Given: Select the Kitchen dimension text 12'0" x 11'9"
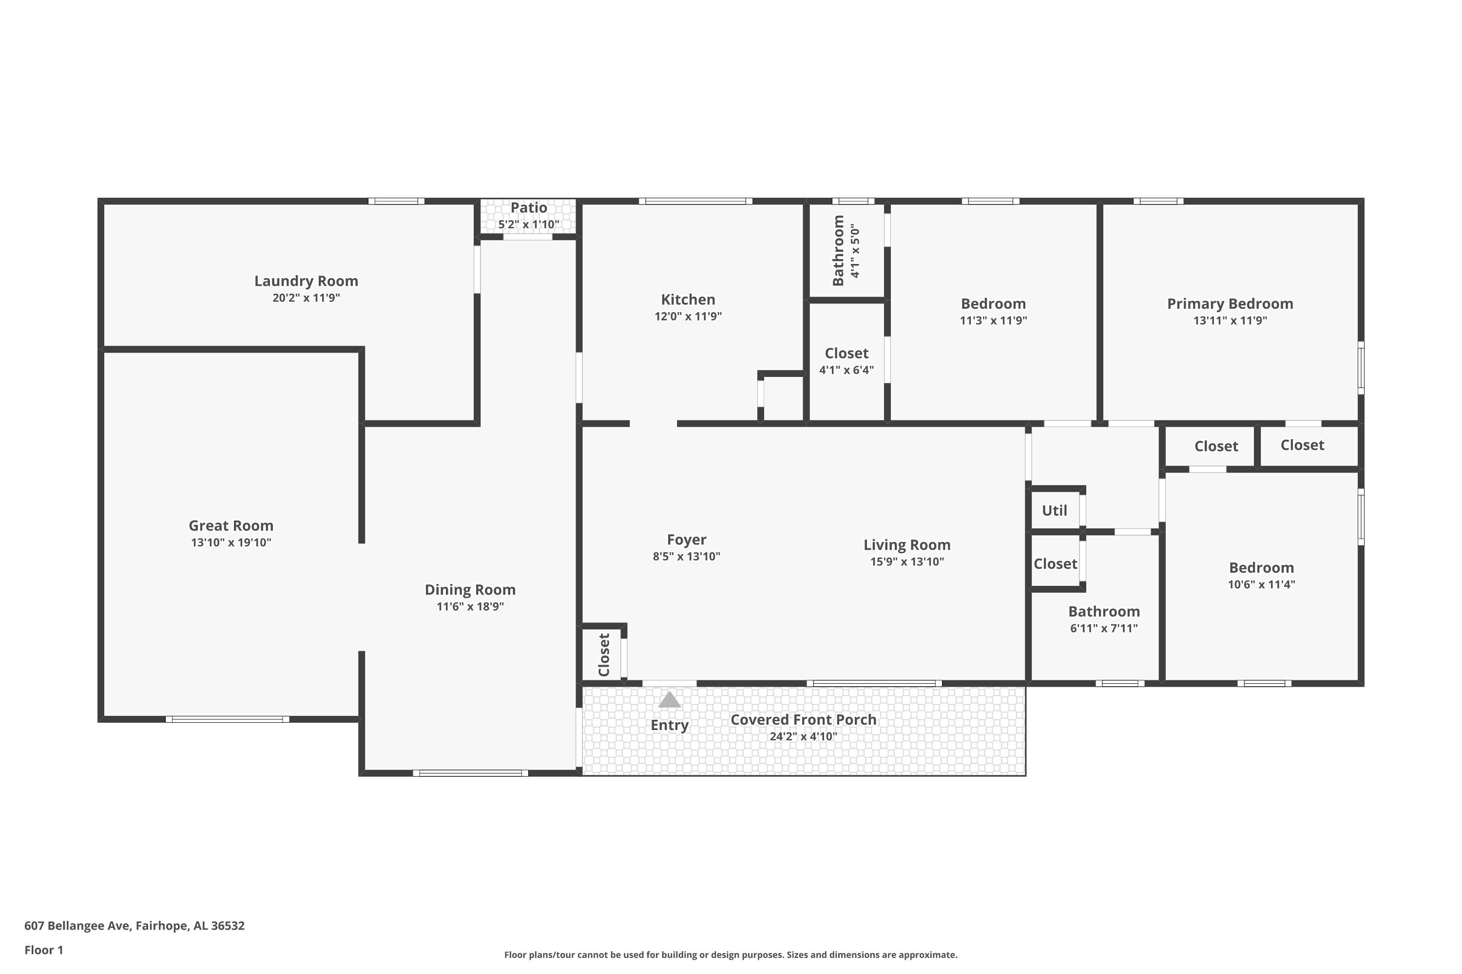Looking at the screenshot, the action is tap(688, 316).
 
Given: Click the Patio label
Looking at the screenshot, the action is tap(529, 207).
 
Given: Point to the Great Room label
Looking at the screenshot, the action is tap(231, 525).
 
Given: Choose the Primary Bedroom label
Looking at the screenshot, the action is tap(1230, 304).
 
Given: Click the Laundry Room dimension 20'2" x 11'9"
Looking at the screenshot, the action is tap(307, 298).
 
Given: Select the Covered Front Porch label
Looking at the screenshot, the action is tap(803, 719).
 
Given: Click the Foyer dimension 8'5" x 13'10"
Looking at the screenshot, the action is tap(686, 557).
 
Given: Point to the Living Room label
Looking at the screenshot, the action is tap(907, 545).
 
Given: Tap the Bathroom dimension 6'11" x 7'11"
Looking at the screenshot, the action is tap(1104, 628).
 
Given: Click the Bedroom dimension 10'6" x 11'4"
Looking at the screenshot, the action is tap(1261, 584).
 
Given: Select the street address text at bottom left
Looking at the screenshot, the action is tap(135, 926).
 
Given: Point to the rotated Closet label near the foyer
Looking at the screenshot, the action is tap(604, 655).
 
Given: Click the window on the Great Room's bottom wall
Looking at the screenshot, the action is tap(228, 719).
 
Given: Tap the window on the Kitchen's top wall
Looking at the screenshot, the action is tap(695, 201).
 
